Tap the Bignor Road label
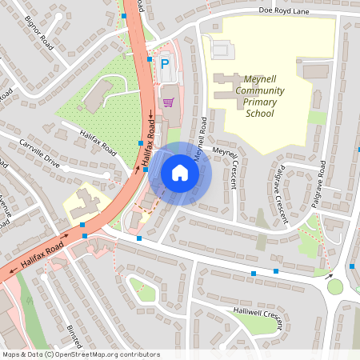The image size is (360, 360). [38, 32]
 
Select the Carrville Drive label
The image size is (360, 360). [40, 151]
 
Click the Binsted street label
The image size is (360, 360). [74, 336]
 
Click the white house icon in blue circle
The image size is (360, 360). [180, 173]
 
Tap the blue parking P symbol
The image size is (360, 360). [166, 63]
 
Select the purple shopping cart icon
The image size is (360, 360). [168, 102]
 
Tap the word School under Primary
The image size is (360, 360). [260, 114]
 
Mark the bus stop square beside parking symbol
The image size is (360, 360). [150, 59]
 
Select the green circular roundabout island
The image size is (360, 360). [335, 286]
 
